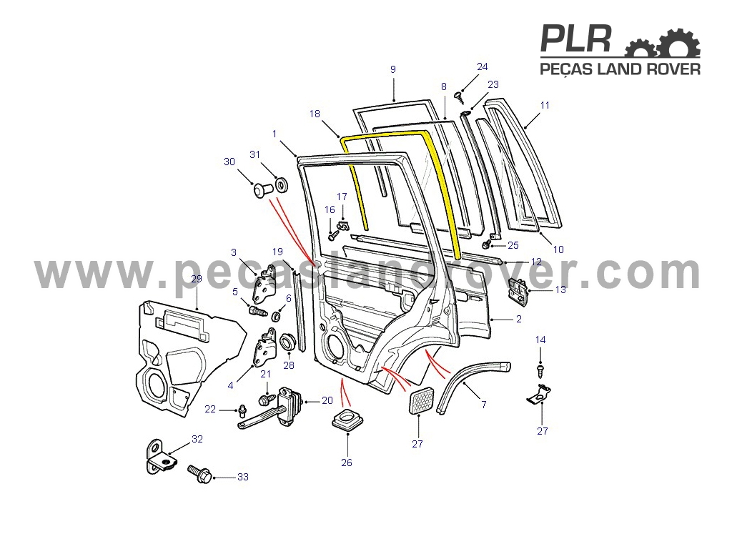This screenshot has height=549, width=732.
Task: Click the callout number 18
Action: pyautogui.click(x=315, y=114)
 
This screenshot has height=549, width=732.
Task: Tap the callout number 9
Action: pyautogui.click(x=393, y=69)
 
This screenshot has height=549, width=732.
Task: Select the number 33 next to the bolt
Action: pyautogui.click(x=243, y=477)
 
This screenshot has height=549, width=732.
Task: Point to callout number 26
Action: pyautogui.click(x=347, y=463)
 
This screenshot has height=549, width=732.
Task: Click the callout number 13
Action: pyautogui.click(x=560, y=290)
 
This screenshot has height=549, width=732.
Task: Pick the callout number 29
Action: pyautogui.click(x=197, y=279)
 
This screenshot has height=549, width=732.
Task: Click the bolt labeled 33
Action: pyautogui.click(x=200, y=474)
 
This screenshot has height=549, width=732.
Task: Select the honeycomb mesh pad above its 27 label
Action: pyautogui.click(x=422, y=400)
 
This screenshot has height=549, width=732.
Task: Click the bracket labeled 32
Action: pyautogui.click(x=162, y=457)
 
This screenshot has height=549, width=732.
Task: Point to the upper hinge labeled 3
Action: pyautogui.click(x=264, y=285)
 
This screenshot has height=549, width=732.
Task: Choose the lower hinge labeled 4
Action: pyautogui.click(x=264, y=349)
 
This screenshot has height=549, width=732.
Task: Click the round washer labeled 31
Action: pyautogui.click(x=282, y=185)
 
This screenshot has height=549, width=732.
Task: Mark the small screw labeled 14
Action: pyautogui.click(x=540, y=372)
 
